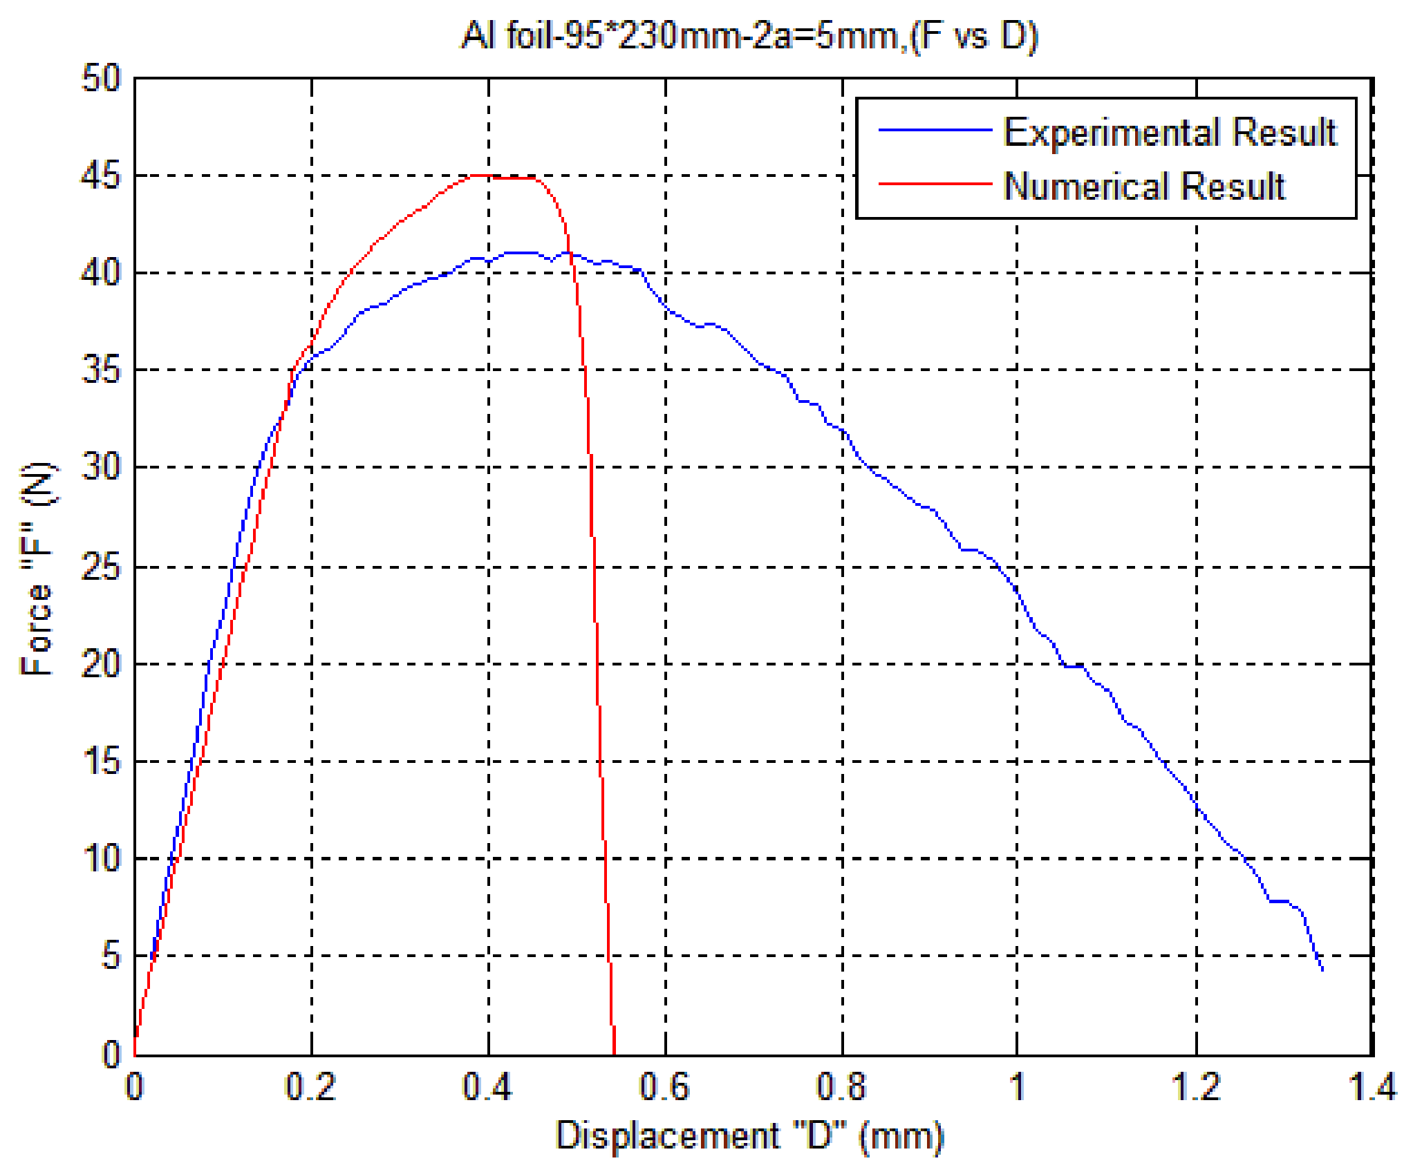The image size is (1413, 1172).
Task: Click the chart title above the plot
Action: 749,36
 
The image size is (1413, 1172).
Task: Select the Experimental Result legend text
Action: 1170,132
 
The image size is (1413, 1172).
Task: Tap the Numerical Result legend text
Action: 1144,186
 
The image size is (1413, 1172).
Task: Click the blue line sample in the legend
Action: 935,130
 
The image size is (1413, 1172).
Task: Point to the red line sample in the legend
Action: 935,184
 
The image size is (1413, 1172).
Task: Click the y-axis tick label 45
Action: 101,176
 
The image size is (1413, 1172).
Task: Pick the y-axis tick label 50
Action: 101,78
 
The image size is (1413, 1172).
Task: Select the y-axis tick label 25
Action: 101,568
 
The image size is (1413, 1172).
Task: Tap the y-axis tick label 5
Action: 111,956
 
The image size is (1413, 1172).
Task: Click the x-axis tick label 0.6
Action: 664,1087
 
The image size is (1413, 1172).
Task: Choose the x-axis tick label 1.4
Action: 1372,1087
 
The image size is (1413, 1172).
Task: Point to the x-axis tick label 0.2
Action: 310,1087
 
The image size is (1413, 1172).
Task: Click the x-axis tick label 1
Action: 1017,1087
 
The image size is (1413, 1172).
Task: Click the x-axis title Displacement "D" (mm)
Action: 749,1135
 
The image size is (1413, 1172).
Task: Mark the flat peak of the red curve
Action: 505,177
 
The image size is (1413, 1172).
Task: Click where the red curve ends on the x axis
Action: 614,1054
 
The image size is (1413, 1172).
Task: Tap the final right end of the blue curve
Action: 1322,970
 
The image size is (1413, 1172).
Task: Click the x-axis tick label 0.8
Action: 841,1087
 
